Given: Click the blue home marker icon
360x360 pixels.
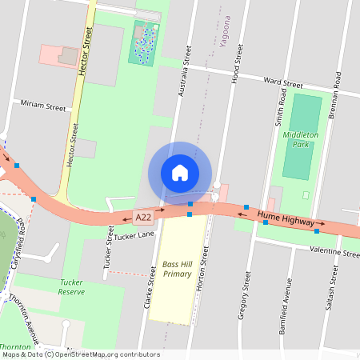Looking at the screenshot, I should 180,172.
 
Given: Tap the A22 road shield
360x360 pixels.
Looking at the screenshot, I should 143,217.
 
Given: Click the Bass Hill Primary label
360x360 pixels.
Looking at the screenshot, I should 177,269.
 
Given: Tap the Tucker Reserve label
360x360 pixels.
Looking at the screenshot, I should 76,288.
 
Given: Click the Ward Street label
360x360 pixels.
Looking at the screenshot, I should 283,83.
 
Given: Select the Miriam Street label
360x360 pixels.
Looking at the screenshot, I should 43,106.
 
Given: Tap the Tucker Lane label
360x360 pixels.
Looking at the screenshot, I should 134,236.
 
